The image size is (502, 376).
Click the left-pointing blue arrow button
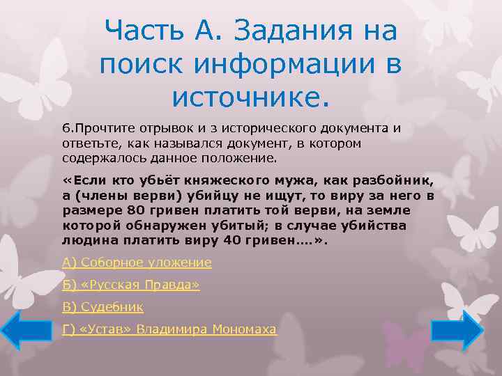[22, 330]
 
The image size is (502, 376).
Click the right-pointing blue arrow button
[457, 330]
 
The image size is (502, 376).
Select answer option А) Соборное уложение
[137, 263]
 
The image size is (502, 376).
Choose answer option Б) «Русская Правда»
[131, 285]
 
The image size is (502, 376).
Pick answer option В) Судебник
[102, 306]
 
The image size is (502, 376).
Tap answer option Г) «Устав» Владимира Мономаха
[169, 329]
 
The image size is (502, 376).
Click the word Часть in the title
[142, 31]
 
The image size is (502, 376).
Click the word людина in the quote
[85, 240]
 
